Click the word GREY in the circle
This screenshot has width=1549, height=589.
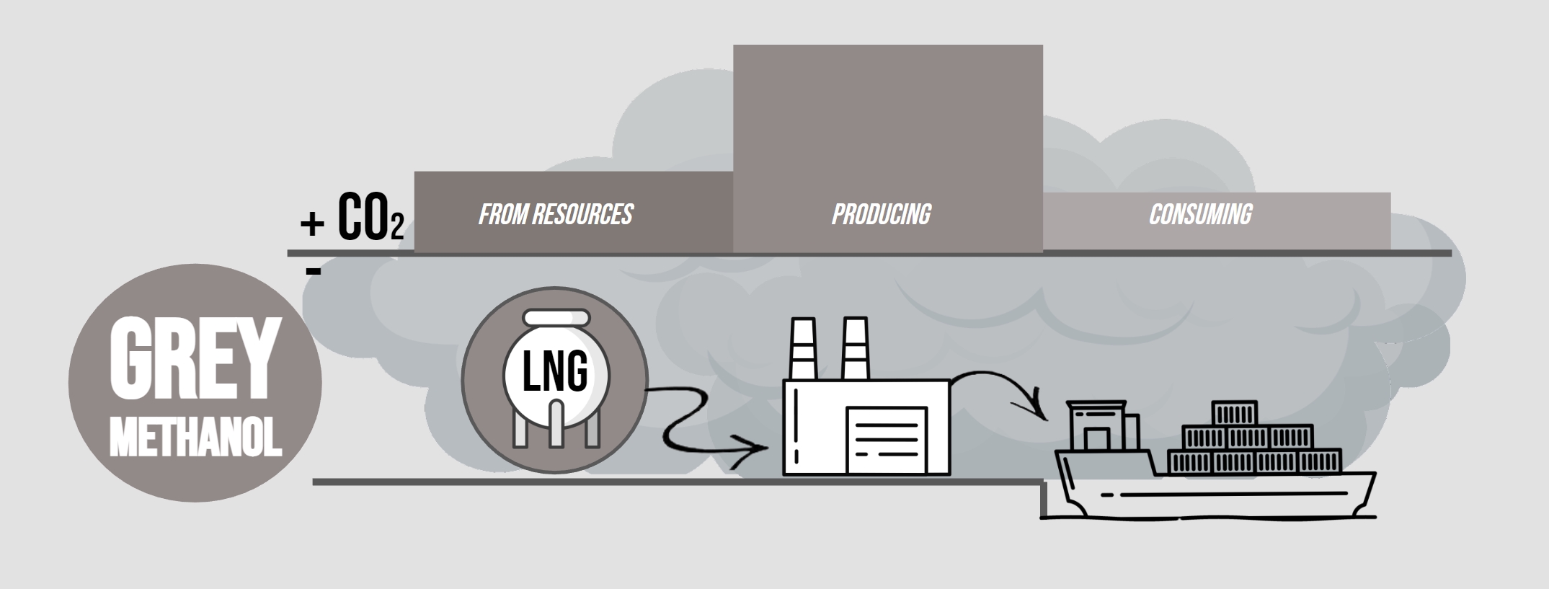point(194,358)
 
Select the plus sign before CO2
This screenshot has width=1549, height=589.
point(312,224)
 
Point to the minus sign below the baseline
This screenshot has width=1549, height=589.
point(313,272)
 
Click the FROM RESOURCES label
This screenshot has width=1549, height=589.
point(556,214)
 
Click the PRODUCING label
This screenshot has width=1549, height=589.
point(881,214)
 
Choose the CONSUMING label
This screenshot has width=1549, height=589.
point(1200,214)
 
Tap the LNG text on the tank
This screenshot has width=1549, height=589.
point(555,373)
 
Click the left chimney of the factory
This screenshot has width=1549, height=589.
point(802,349)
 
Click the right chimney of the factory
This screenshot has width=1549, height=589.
point(855,349)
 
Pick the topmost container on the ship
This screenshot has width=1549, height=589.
point(1234,413)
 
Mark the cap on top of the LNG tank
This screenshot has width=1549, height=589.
point(556,317)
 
